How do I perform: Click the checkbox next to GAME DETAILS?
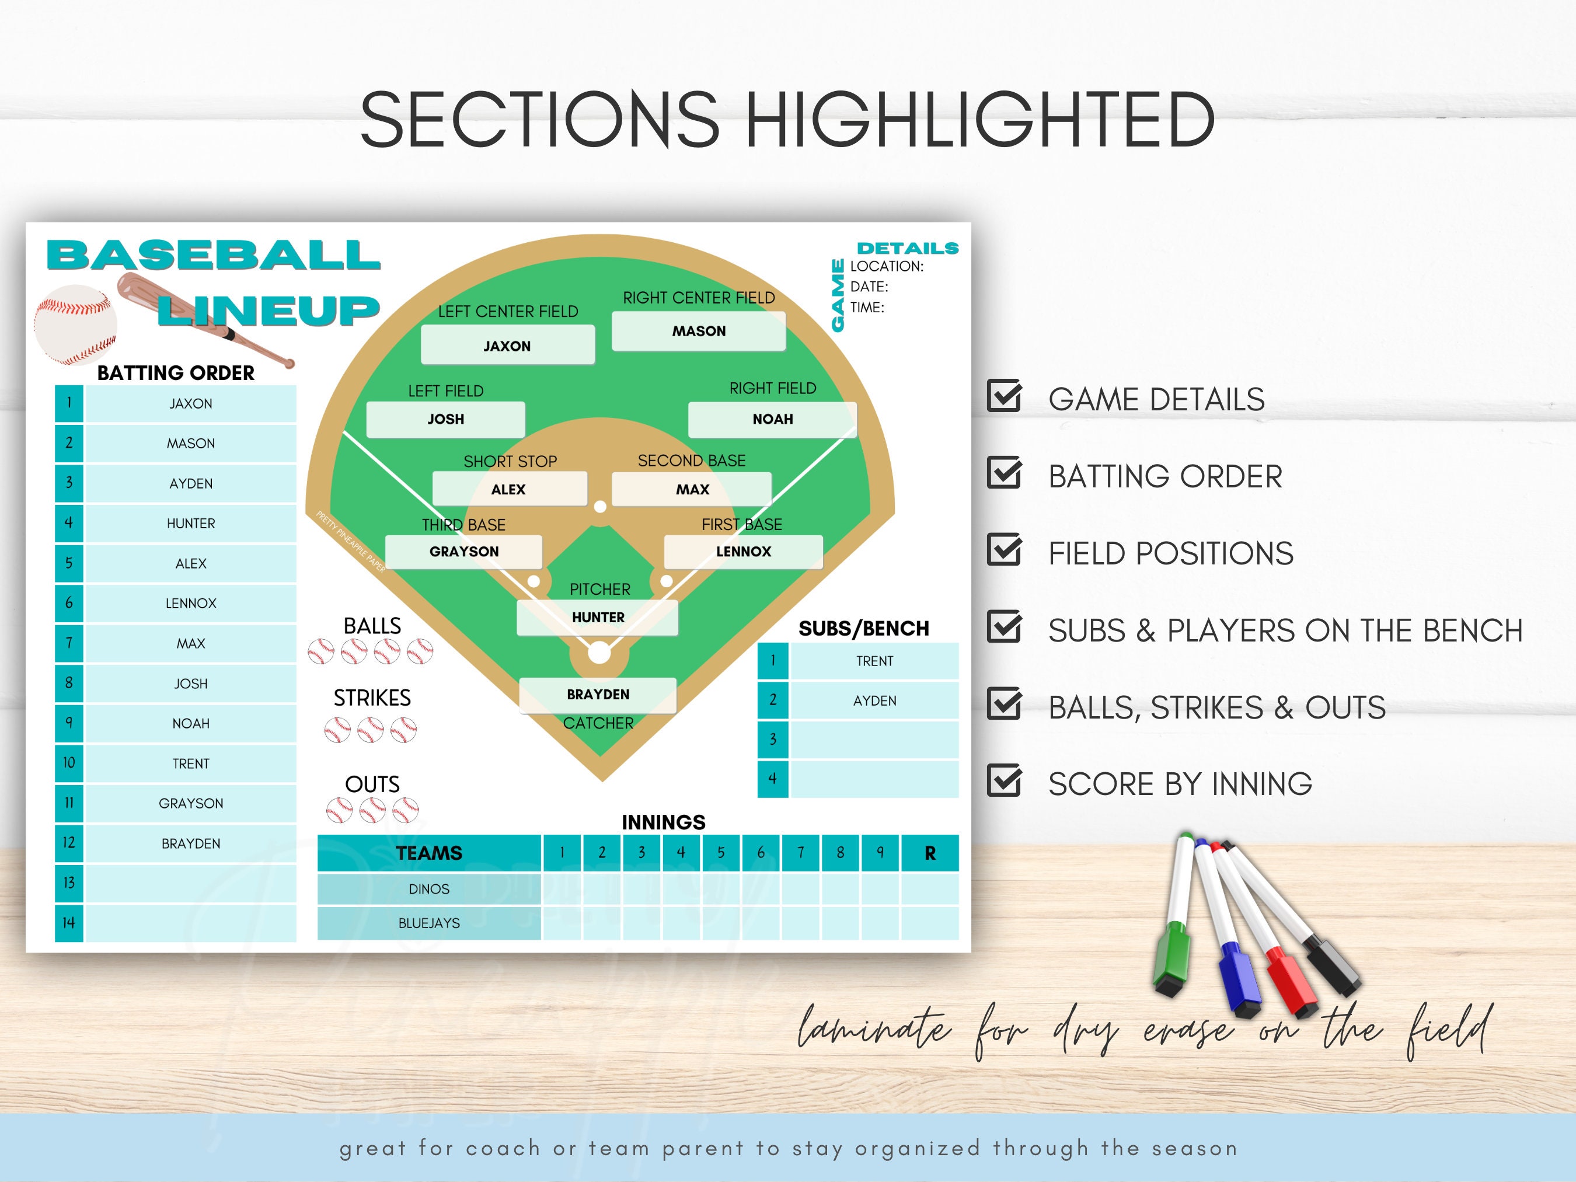[1004, 397]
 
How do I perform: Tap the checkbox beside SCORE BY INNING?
[1004, 782]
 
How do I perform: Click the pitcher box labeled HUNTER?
[597, 618]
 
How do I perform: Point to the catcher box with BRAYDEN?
[597, 695]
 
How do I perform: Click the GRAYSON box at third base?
[464, 552]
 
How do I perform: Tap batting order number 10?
[69, 763]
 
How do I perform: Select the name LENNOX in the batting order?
[190, 604]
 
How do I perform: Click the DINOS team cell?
[429, 889]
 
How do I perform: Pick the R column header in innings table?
[929, 853]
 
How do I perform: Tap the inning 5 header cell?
[720, 853]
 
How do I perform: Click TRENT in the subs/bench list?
[874, 661]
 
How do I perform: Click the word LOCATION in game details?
[885, 267]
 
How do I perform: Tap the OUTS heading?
[372, 784]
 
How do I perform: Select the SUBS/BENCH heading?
[863, 629]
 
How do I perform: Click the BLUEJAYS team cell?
[429, 923]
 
